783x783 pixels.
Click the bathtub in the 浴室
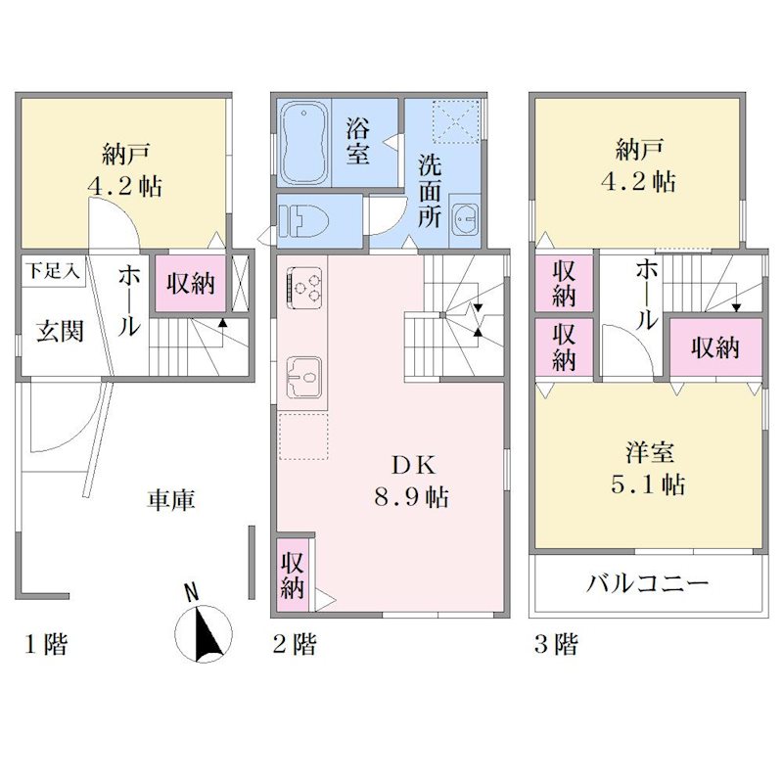(303, 143)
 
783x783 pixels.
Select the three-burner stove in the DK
(303, 285)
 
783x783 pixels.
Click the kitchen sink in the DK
(303, 378)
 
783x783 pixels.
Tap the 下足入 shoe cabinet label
(53, 272)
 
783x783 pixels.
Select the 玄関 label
(60, 332)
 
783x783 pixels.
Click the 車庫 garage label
(170, 500)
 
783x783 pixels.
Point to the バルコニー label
(648, 583)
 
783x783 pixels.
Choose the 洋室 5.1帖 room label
(649, 468)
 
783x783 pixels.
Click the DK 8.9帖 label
(412, 482)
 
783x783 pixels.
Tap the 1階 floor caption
(46, 644)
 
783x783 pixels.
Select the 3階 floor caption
(556, 644)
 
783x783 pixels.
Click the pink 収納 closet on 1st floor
(190, 284)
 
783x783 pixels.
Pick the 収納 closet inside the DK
(292, 575)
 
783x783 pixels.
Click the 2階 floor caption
(295, 644)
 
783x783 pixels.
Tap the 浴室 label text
(358, 142)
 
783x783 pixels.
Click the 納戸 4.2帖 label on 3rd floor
(639, 165)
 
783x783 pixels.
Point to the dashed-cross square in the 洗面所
(455, 122)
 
